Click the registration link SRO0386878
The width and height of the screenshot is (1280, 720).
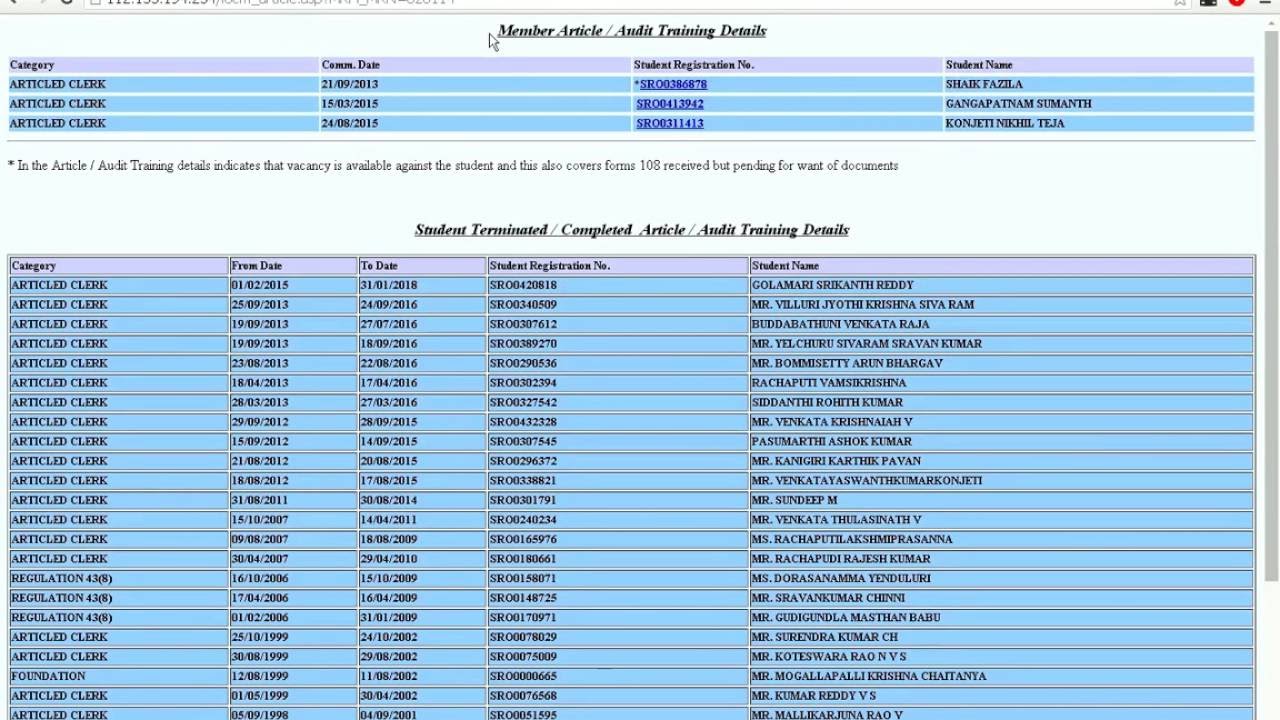pos(673,85)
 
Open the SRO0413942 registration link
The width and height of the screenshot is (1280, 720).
pos(670,104)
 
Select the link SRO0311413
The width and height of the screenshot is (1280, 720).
pos(670,124)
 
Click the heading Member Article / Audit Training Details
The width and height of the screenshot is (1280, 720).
pos(632,31)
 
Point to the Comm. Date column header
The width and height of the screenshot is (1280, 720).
pos(351,65)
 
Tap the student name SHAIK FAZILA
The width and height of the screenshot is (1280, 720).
pos(984,85)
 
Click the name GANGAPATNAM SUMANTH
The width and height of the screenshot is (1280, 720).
pos(1018,104)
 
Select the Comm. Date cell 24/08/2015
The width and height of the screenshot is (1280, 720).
pos(350,124)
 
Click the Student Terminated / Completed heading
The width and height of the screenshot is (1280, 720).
pos(632,230)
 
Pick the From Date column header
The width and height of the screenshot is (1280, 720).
pos(257,266)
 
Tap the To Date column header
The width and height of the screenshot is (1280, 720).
pos(379,266)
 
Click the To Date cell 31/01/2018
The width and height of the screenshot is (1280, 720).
pos(389,286)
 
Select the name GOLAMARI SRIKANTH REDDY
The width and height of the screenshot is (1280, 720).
pos(832,286)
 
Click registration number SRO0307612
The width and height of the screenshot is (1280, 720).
pos(523,325)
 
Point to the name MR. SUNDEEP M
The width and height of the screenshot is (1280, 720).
pos(794,501)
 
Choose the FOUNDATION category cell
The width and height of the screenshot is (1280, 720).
pos(48,677)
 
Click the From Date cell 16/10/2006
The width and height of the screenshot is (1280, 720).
pos(260,579)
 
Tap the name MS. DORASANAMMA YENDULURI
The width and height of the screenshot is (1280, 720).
pos(841,579)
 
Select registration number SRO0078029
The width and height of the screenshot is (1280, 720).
pos(523,638)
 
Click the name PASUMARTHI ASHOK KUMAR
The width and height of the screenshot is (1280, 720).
pos(831,442)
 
